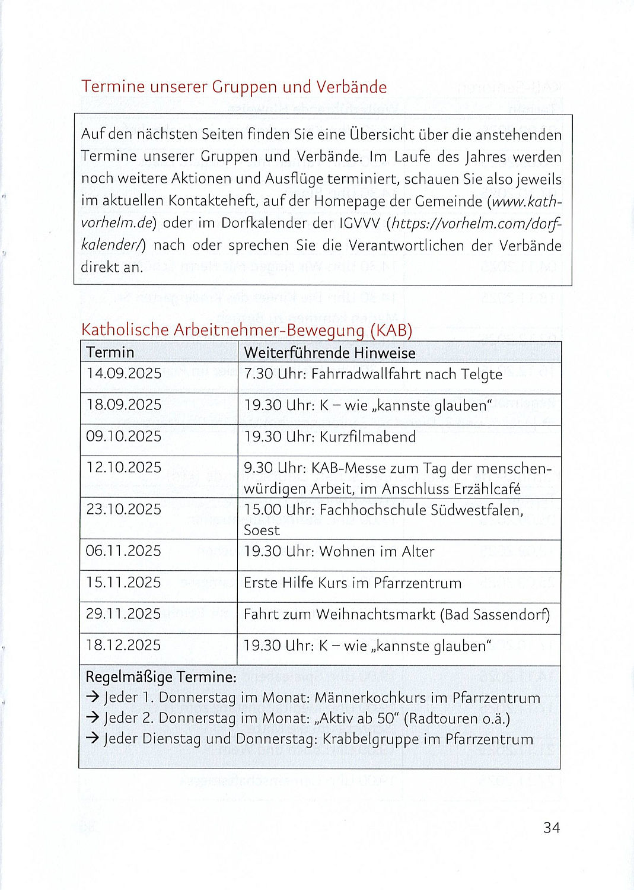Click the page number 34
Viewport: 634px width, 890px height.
pos(551,827)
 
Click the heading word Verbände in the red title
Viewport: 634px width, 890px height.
pos(351,87)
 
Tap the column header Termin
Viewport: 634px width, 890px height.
pos(110,352)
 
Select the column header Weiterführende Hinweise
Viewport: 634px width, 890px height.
pos(330,353)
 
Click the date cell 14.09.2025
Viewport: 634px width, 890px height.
pos(124,373)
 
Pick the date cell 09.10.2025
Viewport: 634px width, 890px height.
pos(124,436)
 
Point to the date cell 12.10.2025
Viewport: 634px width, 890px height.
pos(124,468)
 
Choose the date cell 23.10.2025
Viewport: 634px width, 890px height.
pos(124,509)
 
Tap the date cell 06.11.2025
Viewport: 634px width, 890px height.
pos(123,551)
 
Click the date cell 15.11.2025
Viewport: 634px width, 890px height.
pos(123,582)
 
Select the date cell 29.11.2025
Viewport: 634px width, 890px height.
pos(123,614)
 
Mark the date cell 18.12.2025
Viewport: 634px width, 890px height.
pos(123,645)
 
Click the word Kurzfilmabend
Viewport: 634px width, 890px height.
pos(368,437)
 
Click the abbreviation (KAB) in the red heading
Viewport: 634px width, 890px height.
pos(391,330)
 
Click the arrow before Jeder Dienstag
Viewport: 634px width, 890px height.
pos(93,739)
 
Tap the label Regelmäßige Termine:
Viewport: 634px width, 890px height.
pos(161,677)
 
